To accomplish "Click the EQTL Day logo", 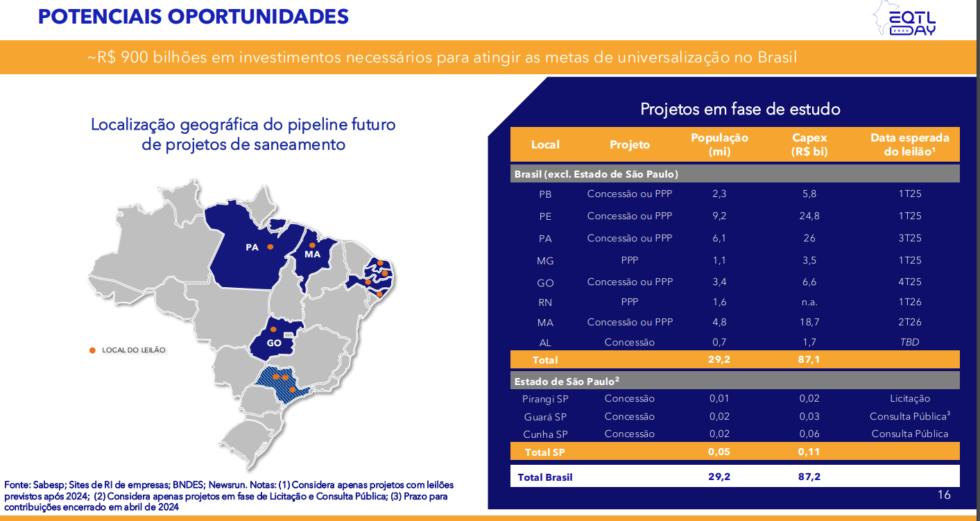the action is pos(905,19).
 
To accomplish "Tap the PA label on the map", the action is pos(252,248).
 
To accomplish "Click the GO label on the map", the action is pos(274,343).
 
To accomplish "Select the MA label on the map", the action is pos(312,254).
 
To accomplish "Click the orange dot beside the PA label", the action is pos(270,247).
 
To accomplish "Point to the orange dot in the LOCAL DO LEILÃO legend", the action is pos(92,350).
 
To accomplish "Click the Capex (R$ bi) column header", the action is pos(809,144).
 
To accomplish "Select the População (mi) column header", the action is pos(719,144).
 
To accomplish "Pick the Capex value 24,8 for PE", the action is pos(809,216).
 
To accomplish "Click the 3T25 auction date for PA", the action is pos(909,239).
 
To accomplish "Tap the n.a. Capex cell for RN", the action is pos(809,302).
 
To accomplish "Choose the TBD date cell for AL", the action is pos(909,342).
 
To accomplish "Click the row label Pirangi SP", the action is pos(545,399).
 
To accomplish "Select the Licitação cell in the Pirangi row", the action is pos(909,398).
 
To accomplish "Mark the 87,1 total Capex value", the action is pos(809,359).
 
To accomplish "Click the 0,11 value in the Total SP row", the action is pos(809,452).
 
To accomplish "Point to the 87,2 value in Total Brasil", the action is pos(809,477).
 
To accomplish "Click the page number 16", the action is pos(944,495).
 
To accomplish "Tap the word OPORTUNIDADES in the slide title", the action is pos(258,17).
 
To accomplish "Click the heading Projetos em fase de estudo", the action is pos(740,109).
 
